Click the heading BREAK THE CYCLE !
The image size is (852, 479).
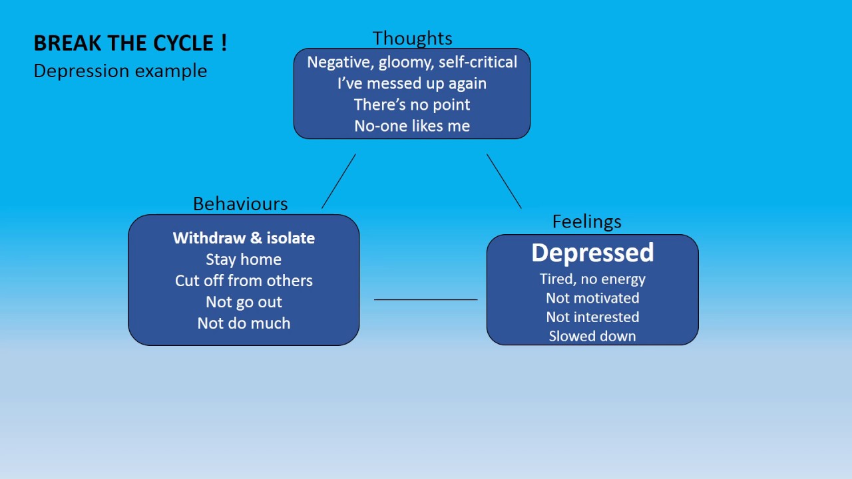130,43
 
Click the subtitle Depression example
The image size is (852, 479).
120,71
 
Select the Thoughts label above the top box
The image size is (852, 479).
412,38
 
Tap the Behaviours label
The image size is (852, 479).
240,204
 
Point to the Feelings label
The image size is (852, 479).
586,222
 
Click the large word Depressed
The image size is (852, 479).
592,253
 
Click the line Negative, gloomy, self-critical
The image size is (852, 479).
412,62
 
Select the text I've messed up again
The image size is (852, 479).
412,83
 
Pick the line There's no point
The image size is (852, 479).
412,104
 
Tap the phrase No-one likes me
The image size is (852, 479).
412,126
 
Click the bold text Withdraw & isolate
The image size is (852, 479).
244,238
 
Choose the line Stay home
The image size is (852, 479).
244,259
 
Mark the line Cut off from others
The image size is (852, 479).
244,281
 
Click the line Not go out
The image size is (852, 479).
244,302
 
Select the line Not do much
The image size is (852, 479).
244,323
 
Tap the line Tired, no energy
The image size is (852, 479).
592,279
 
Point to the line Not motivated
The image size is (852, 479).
592,298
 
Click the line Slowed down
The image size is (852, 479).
592,336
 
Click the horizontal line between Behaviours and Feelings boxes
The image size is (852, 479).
426,299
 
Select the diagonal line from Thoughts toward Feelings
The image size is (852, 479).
504,181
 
